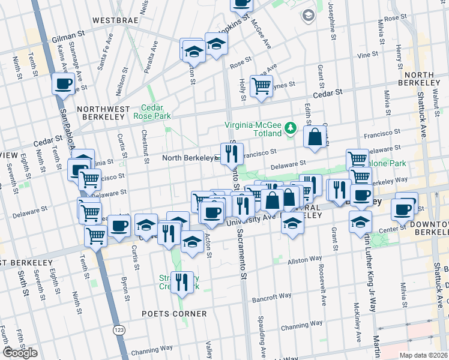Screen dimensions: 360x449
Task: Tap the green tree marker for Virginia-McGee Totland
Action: pos(291,127)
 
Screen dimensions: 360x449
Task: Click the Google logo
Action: pos(19,353)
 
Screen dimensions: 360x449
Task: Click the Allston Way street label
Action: pos(304,260)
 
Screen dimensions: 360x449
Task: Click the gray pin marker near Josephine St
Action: pos(309,15)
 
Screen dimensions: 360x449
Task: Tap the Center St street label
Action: pos(391,228)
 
